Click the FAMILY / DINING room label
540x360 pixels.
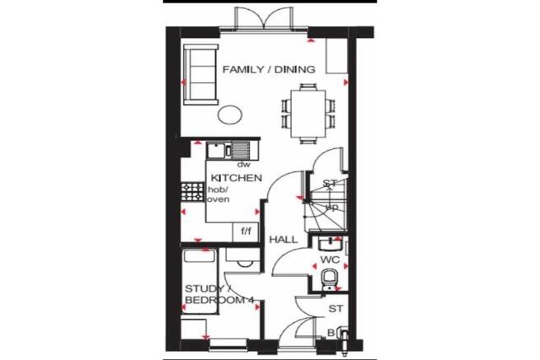[x=269, y=71]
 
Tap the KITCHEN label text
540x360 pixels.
[x=237, y=178]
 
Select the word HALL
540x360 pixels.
[x=283, y=239]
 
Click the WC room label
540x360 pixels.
[x=330, y=259]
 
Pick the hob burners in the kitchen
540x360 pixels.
[x=193, y=192]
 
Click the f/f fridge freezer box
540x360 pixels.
[x=246, y=231]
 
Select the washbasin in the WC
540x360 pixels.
[x=328, y=244]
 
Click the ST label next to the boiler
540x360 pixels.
[x=335, y=310]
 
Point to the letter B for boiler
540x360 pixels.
[x=331, y=333]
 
